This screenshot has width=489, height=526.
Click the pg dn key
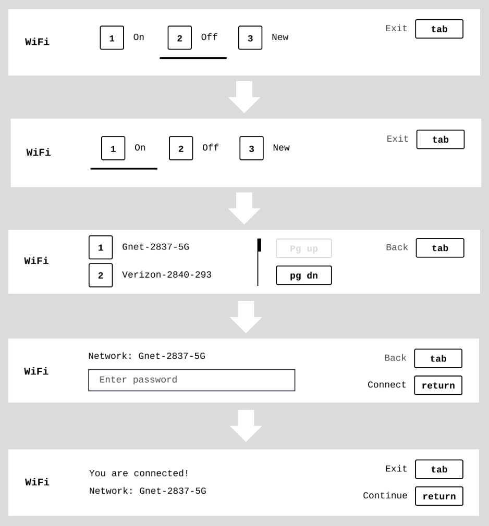click(303, 275)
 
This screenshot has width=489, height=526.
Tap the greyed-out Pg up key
click(303, 248)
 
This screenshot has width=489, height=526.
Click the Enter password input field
click(192, 380)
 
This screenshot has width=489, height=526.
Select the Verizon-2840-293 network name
click(167, 275)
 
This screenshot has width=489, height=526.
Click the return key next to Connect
click(438, 385)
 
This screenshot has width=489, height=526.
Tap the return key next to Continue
click(439, 496)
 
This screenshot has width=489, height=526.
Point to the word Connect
click(387, 385)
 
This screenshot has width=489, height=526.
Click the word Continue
click(385, 495)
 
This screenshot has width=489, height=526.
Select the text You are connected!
click(139, 473)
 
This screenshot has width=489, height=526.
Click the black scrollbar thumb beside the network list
click(259, 245)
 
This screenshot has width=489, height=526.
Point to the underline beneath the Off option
click(193, 58)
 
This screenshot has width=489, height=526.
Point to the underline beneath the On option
click(124, 168)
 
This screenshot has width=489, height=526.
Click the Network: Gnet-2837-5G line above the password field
click(147, 356)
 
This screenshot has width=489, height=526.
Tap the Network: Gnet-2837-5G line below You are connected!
click(148, 491)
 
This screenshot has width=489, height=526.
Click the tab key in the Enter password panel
click(438, 359)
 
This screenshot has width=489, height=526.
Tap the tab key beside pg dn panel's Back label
click(440, 248)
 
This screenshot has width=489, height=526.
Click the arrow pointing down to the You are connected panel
click(246, 425)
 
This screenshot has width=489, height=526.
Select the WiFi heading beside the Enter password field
click(36, 371)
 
